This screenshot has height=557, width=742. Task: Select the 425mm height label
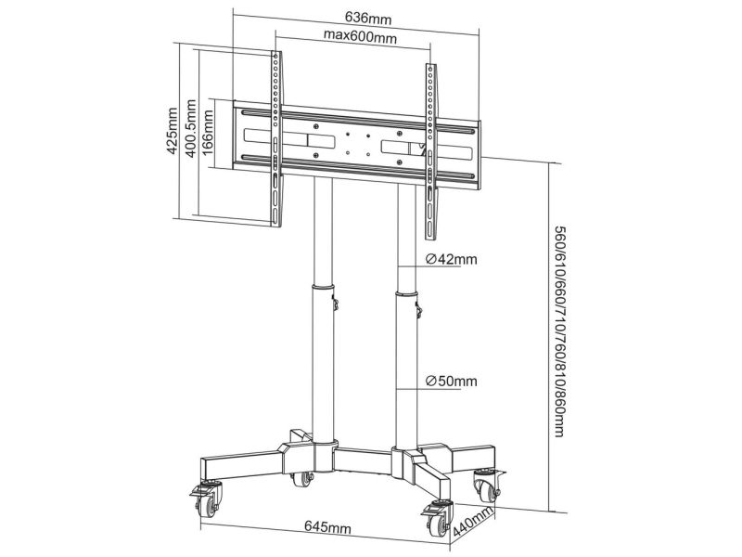tap(171, 133)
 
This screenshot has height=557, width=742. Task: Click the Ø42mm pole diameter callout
tap(451, 260)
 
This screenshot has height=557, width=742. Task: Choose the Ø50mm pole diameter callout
tap(451, 381)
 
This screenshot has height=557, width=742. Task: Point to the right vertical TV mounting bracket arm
tap(429, 149)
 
